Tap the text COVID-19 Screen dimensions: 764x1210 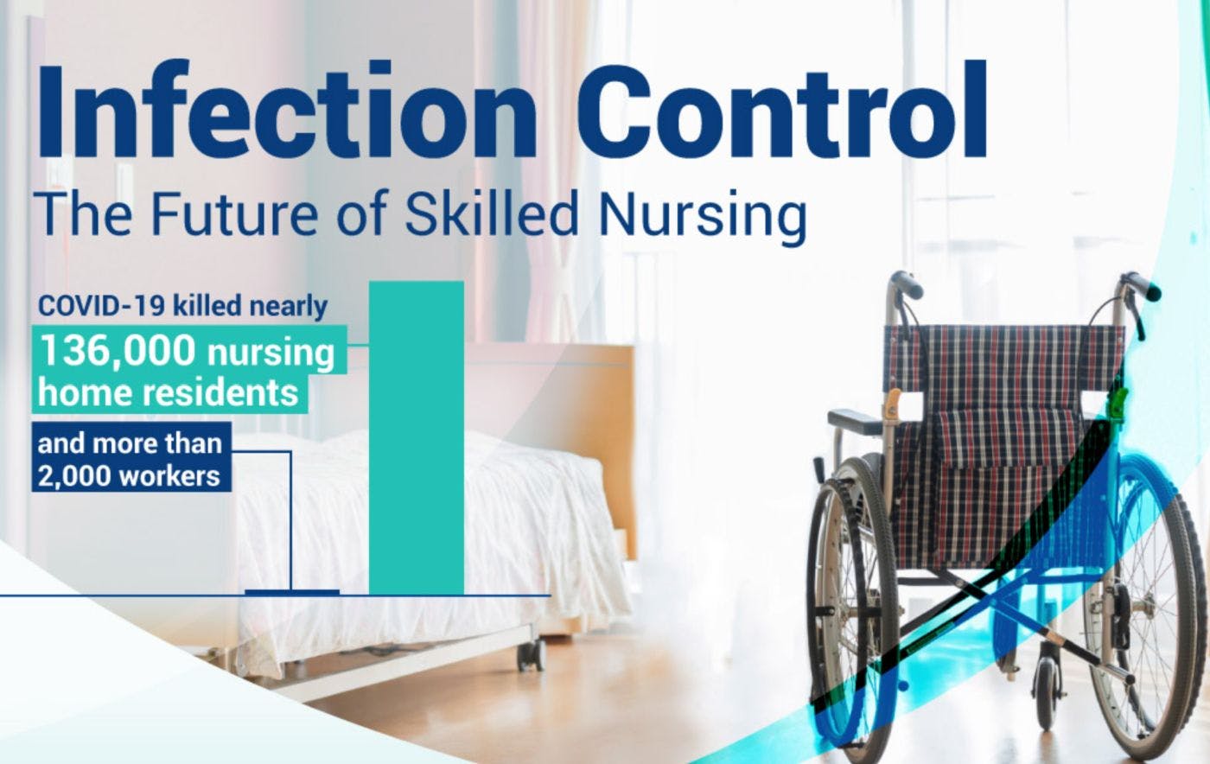[101, 306]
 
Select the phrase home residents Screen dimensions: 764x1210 [169, 393]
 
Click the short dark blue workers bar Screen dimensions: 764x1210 [291, 592]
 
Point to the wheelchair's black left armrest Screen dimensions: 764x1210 [854, 421]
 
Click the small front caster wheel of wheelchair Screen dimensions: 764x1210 [1048, 691]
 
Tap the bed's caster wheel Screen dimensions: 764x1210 [531, 655]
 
